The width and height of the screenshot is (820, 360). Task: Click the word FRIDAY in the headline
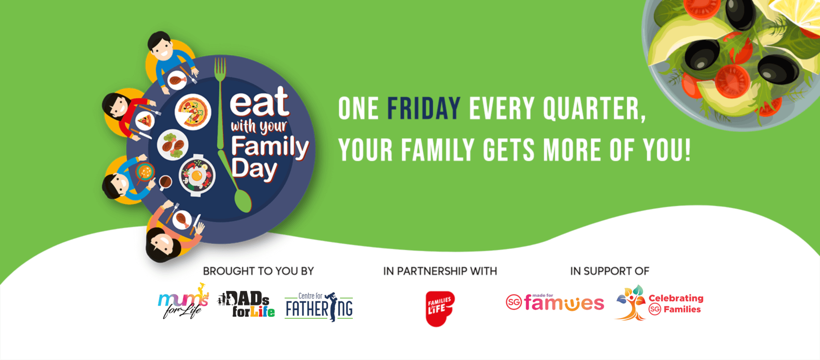[x=424, y=108]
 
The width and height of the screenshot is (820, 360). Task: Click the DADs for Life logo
[x=246, y=304]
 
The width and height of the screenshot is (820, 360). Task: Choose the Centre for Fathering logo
[x=319, y=307]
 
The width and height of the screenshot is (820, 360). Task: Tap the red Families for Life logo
[x=440, y=308]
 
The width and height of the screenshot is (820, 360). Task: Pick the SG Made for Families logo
[x=555, y=302]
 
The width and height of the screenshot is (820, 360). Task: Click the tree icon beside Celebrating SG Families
[x=630, y=303]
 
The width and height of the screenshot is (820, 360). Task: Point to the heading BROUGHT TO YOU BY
[x=258, y=271]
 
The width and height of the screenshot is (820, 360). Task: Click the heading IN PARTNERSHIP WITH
[x=440, y=271]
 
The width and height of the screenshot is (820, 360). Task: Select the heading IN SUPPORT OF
[x=609, y=271]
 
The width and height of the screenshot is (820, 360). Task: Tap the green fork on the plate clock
[x=220, y=104]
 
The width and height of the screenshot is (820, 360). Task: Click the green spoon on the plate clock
[x=236, y=184]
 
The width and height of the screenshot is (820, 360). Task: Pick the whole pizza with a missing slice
[x=193, y=112]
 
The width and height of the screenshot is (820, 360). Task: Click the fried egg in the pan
[x=197, y=175]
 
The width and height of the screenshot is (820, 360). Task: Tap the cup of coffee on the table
[x=165, y=182]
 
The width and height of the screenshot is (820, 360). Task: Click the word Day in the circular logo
[x=254, y=169]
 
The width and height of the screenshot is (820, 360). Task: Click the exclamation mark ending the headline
[x=687, y=150]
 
